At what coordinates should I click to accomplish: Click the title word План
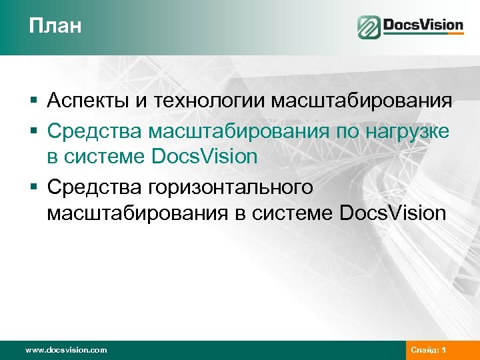(55, 26)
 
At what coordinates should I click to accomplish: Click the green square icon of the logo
(369, 27)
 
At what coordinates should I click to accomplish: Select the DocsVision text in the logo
(423, 26)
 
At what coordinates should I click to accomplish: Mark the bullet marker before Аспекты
(33, 101)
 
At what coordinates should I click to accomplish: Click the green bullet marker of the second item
(33, 130)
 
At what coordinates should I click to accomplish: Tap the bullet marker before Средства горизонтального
(33, 187)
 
